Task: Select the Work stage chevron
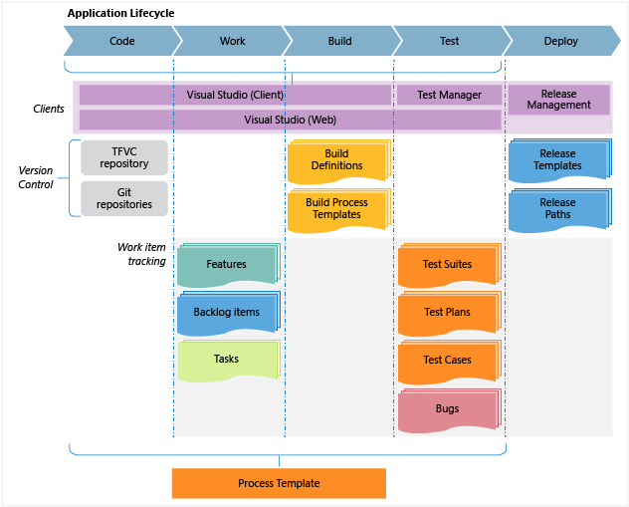(232, 42)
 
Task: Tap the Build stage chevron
(339, 42)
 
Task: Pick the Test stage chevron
(449, 42)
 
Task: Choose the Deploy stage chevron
(561, 42)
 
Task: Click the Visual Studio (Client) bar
(235, 95)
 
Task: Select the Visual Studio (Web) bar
(290, 120)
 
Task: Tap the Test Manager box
(449, 95)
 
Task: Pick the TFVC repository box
(124, 157)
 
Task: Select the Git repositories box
(124, 197)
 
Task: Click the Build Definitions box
(336, 160)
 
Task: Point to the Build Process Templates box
(336, 208)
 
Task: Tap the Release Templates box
(557, 160)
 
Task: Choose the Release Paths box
(557, 208)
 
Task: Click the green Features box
(227, 265)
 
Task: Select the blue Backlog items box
(227, 313)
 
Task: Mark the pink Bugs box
(447, 409)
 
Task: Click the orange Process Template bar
(279, 483)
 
